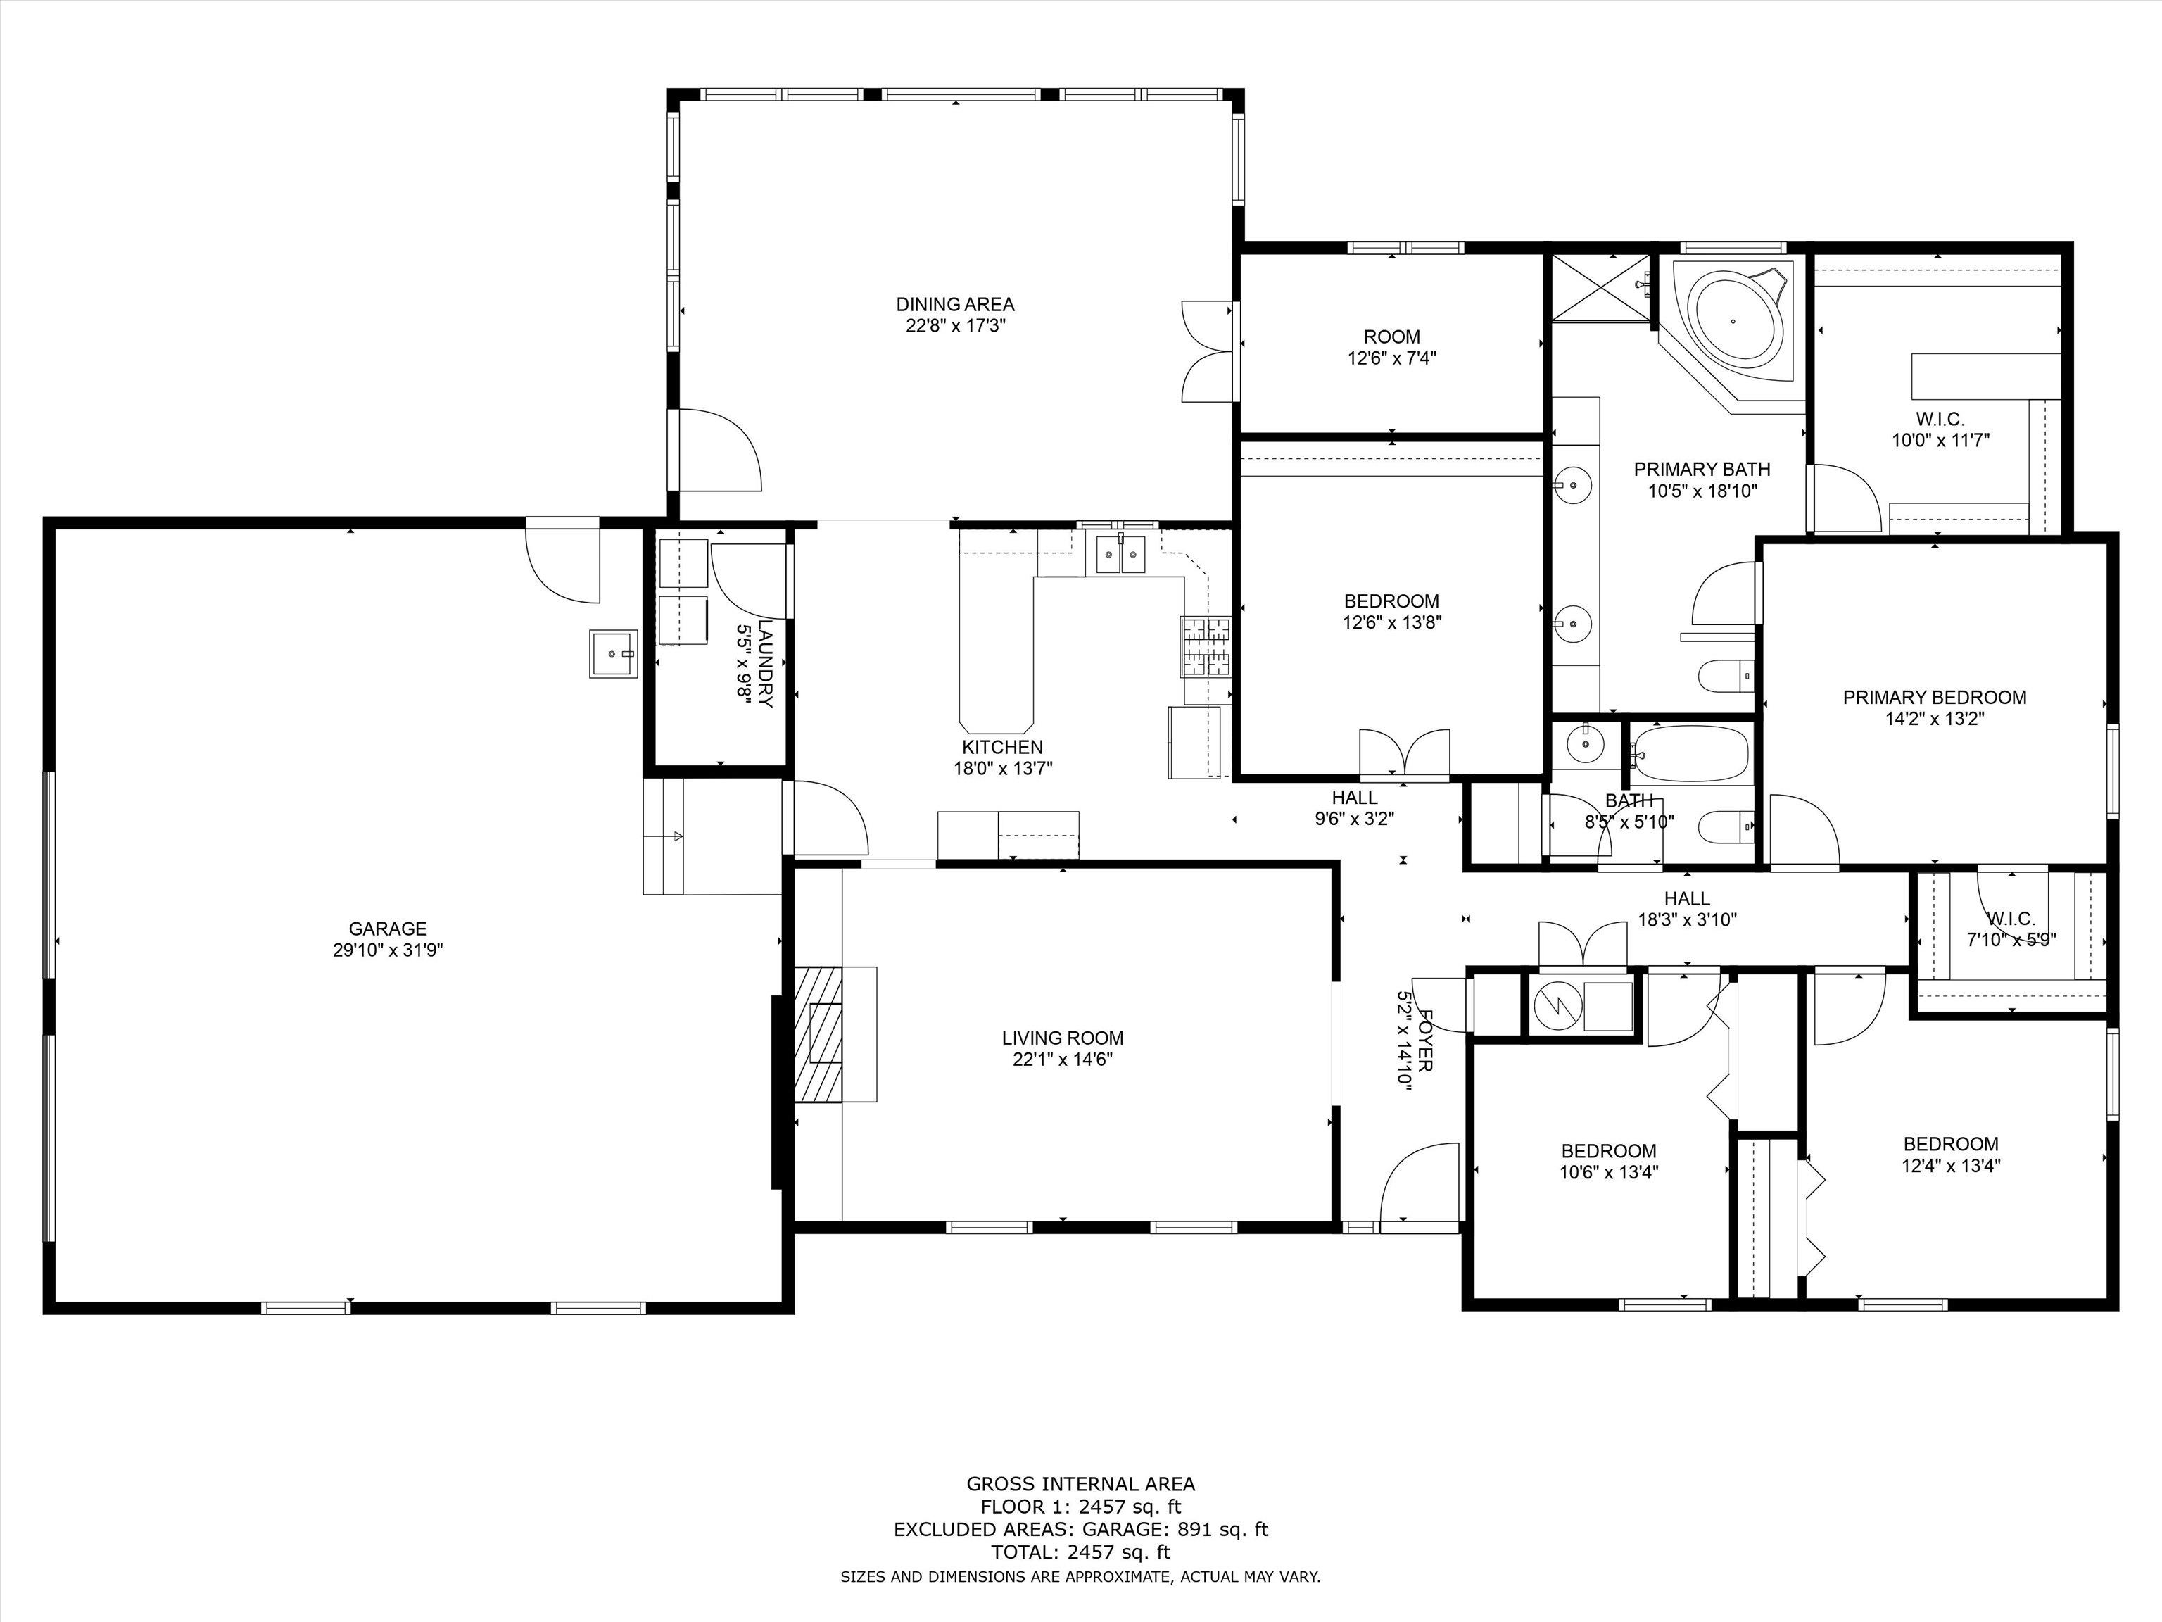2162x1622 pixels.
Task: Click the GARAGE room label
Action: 388,929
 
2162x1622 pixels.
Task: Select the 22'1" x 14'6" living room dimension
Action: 1063,1059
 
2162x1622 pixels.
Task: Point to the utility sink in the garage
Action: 613,654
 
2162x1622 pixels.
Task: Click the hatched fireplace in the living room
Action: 819,1034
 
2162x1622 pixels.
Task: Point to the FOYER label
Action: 1425,1041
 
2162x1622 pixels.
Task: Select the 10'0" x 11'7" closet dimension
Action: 1941,441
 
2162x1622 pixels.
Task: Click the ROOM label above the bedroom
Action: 1392,337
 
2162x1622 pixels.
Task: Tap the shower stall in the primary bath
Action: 1600,287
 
